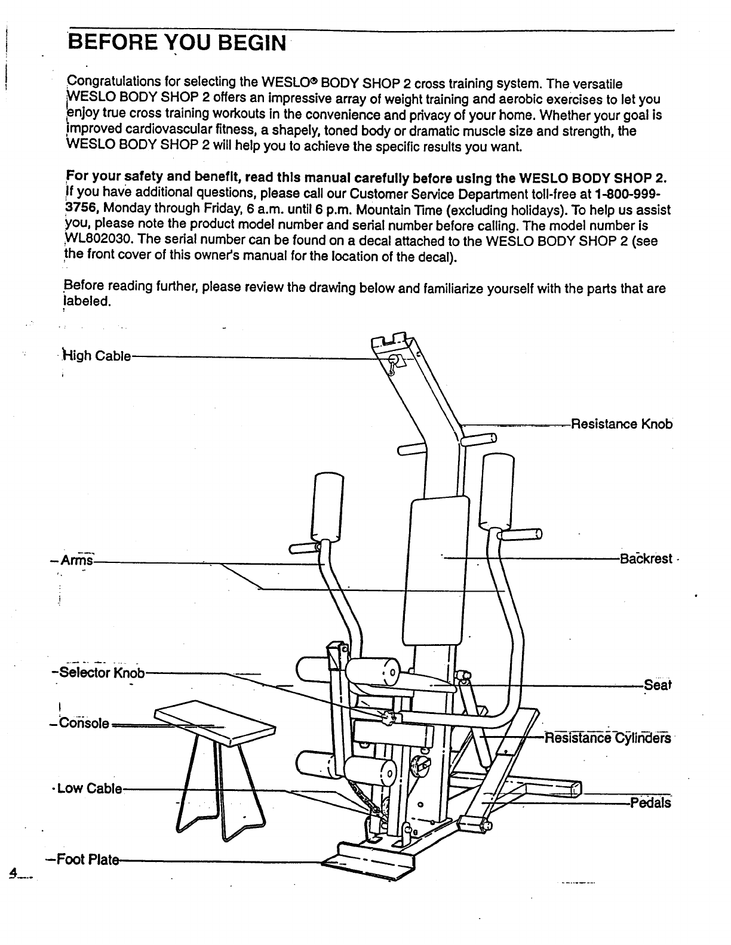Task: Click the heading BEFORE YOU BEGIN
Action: tap(177, 43)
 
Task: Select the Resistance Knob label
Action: tap(622, 424)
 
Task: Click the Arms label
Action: tap(79, 561)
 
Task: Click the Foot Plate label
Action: tap(85, 860)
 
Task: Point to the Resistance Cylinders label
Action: tap(607, 738)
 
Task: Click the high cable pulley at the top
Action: tap(394, 360)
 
